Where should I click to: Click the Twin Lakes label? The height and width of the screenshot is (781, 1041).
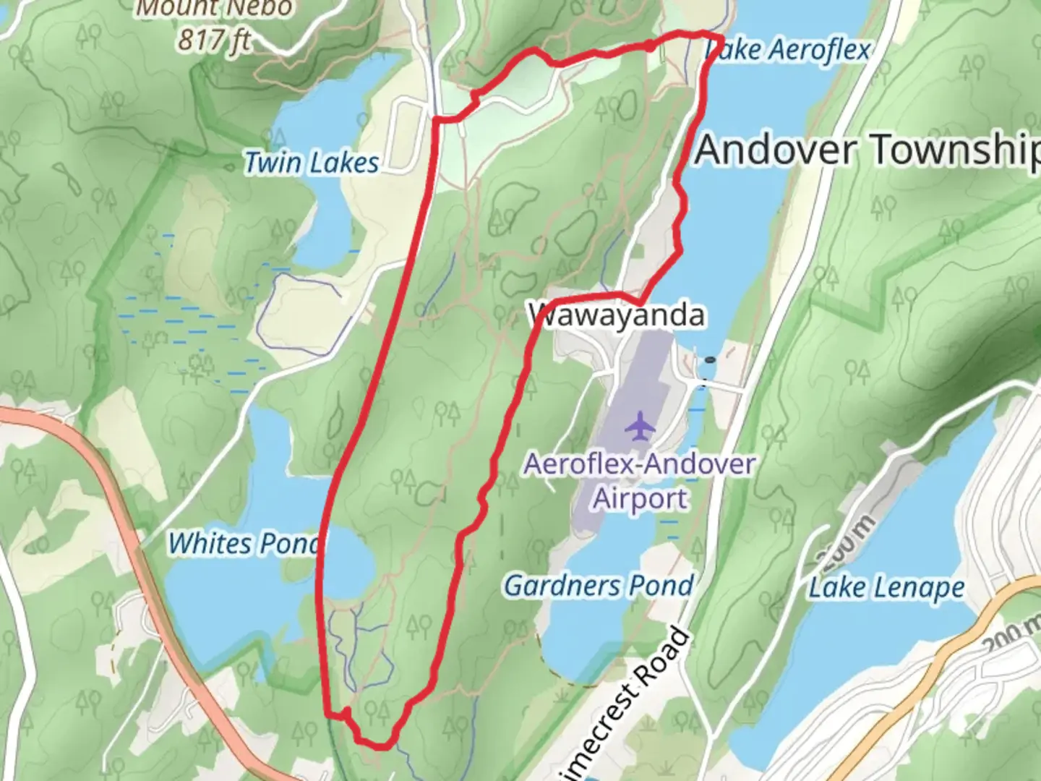click(312, 163)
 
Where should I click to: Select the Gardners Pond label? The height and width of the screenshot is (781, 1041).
click(599, 585)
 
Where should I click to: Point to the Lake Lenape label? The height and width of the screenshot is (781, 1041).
click(886, 587)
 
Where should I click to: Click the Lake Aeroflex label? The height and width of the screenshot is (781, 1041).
click(788, 50)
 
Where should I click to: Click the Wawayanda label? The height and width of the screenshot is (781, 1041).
click(617, 315)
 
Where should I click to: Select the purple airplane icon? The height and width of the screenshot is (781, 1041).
click(640, 425)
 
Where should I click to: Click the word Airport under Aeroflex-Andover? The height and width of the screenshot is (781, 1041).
click(641, 498)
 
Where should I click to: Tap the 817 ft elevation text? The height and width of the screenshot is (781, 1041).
click(214, 40)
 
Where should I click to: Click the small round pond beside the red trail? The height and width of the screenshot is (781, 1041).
click(350, 564)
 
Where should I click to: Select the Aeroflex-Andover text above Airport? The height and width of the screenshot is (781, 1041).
click(640, 464)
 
